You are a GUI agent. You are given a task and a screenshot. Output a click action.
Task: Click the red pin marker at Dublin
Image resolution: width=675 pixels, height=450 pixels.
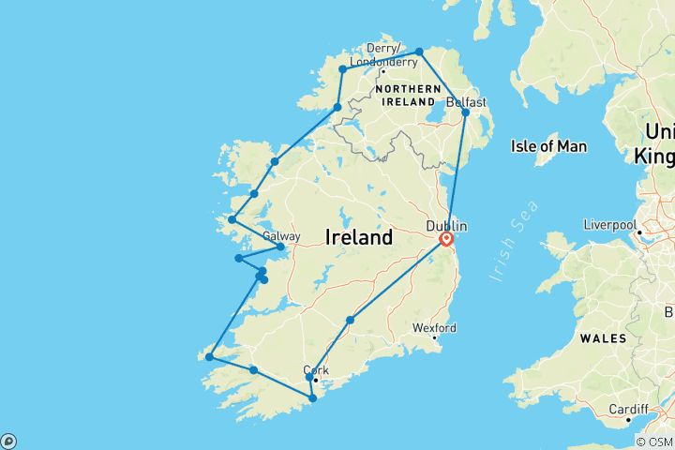[446, 239]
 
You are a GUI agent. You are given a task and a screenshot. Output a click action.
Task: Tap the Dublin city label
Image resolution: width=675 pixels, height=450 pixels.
[445, 226]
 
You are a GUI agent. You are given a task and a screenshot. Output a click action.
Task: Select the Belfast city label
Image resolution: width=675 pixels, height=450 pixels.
[467, 101]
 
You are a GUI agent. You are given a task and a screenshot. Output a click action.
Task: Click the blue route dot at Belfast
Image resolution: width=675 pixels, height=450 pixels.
[466, 112]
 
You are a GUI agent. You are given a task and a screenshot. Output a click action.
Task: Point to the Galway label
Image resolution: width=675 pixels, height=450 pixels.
[281, 236]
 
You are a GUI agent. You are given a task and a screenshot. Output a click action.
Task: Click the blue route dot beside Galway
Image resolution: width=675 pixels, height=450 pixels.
[280, 247]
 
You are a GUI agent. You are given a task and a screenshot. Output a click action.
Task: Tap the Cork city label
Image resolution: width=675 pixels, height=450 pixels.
[316, 369]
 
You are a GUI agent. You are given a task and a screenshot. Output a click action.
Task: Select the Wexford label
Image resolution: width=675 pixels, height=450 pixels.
[435, 328]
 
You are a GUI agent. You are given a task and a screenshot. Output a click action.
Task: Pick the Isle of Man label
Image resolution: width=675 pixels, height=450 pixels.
[548, 146]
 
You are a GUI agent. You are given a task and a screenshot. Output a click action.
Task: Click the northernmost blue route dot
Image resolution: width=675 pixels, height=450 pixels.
[419, 52]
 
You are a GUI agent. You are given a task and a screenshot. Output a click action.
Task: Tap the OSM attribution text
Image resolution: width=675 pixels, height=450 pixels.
[655, 442]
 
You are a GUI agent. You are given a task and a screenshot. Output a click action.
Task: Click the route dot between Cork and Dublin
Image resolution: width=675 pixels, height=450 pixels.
[350, 321]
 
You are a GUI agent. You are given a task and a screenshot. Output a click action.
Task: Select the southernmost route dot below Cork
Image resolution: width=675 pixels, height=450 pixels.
[312, 397]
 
